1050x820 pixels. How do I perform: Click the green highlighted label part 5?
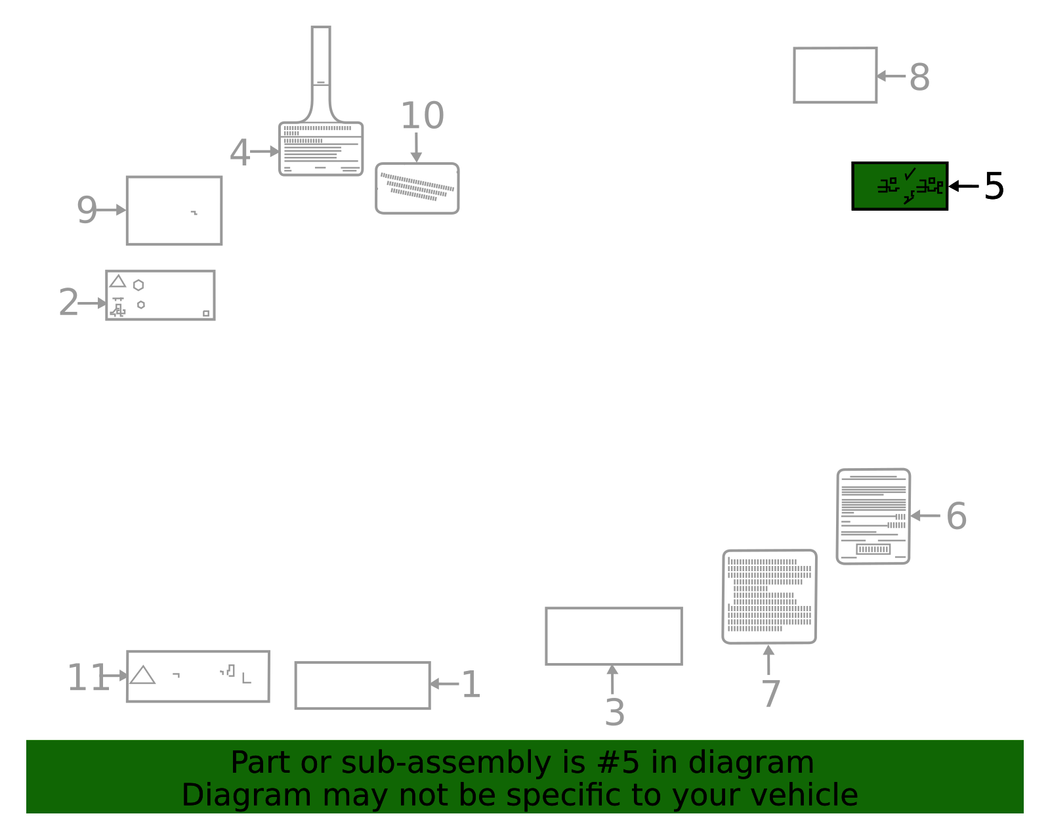click(x=899, y=186)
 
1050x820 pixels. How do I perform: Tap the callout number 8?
click(x=919, y=77)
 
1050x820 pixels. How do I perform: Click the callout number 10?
click(x=423, y=116)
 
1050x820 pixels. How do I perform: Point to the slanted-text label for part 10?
click(x=417, y=188)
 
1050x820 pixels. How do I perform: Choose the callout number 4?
click(x=240, y=153)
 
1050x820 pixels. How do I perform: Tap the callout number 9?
click(x=87, y=209)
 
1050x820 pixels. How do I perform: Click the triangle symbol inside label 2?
click(x=117, y=282)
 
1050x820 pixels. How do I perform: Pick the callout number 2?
click(x=68, y=302)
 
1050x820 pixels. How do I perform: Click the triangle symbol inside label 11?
click(x=142, y=675)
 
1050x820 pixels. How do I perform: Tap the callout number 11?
click(x=87, y=678)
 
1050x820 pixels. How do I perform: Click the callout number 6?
click(x=956, y=517)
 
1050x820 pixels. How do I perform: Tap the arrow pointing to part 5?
click(x=963, y=186)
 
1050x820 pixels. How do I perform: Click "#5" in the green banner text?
click(x=618, y=762)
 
